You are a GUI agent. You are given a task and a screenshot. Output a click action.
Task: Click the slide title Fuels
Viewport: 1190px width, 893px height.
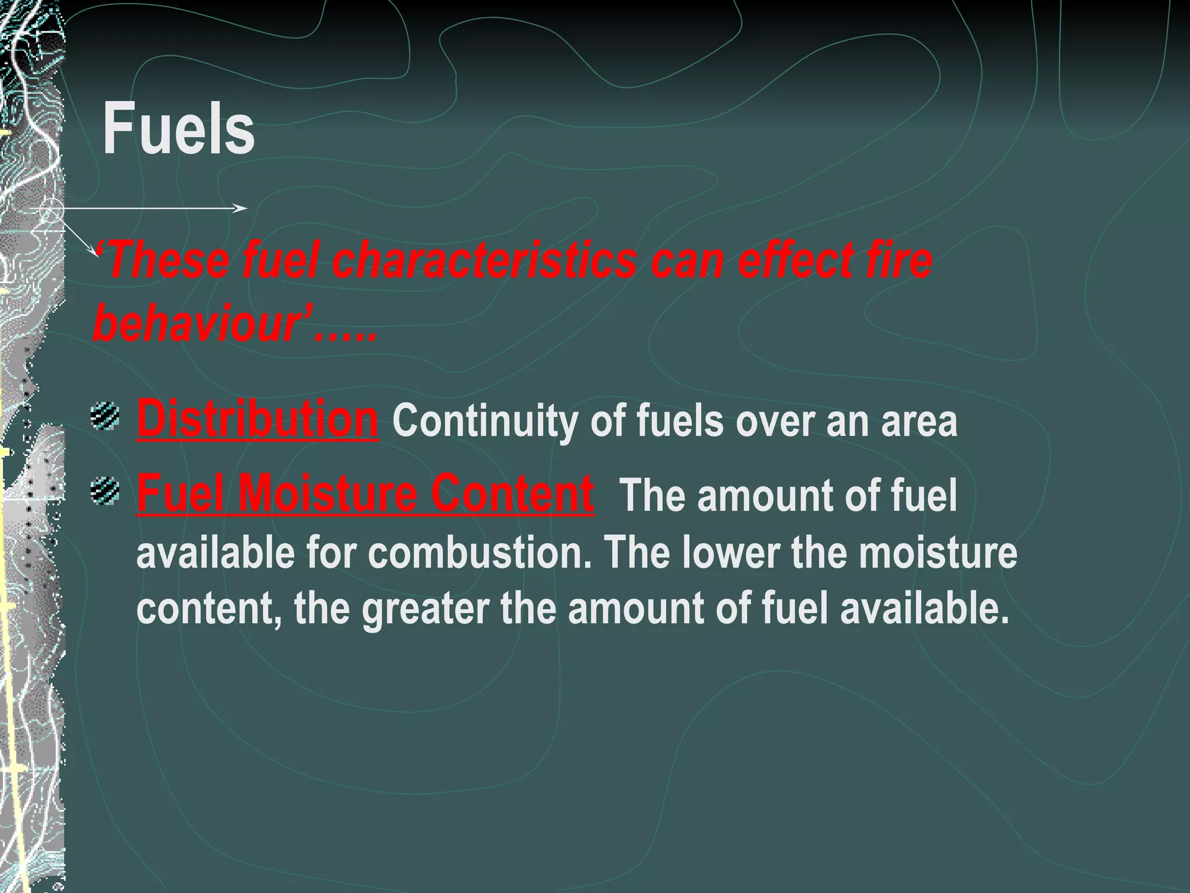[178, 129]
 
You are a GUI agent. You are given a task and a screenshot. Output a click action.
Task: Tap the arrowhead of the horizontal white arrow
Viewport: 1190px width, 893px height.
[241, 208]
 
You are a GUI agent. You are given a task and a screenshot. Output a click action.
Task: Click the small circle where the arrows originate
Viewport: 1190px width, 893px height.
[51, 209]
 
